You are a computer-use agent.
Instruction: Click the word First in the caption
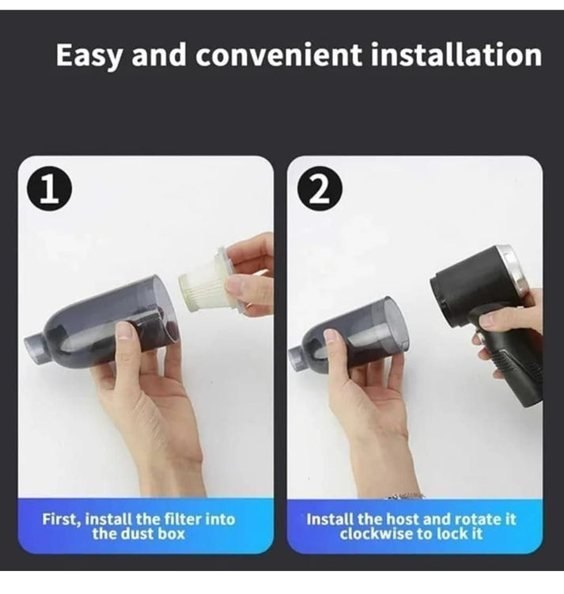(x=61, y=520)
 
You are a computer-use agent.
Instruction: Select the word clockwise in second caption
(x=375, y=533)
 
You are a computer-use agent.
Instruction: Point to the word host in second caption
(x=402, y=520)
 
